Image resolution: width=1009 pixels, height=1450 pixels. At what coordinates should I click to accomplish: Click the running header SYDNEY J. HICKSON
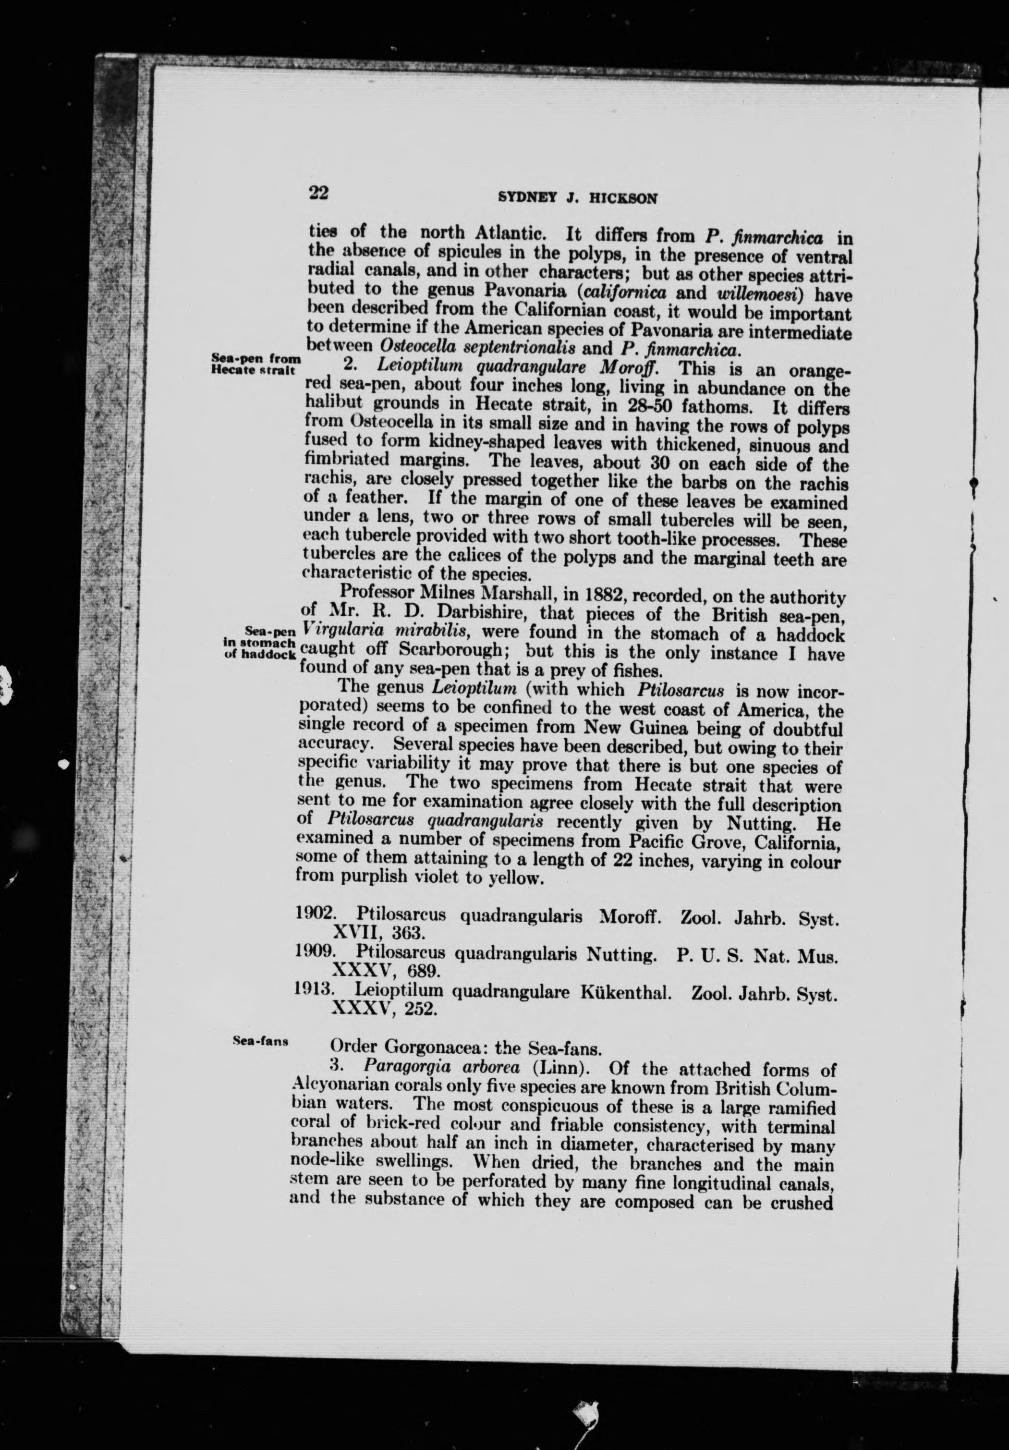578,198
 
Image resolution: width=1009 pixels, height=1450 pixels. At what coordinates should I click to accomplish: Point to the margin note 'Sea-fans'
261,1040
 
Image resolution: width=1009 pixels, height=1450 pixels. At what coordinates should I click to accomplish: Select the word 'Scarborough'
419,651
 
